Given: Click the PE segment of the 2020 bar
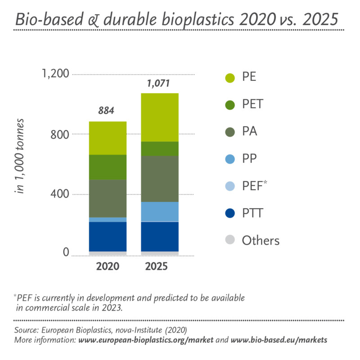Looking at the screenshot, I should (108, 138).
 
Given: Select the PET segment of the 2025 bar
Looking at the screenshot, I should (160, 149).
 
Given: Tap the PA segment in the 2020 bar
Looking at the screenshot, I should (108, 198).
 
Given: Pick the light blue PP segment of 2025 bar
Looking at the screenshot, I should (160, 211).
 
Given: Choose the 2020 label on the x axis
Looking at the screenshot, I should (108, 266).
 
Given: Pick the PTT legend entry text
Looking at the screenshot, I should (253, 213).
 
